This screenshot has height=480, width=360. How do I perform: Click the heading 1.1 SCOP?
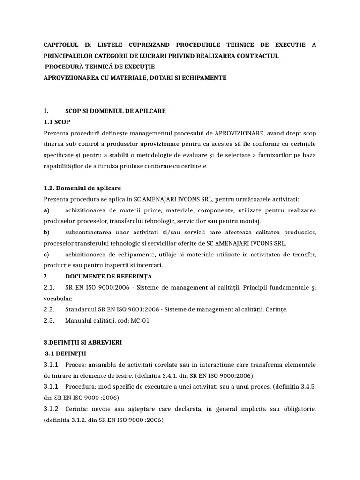point(55,122)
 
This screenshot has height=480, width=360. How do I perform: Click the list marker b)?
point(46,232)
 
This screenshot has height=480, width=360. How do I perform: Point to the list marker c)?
point(46,255)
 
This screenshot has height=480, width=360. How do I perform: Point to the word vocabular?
point(58,298)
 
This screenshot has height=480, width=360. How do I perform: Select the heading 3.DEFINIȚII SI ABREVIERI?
point(82,343)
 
